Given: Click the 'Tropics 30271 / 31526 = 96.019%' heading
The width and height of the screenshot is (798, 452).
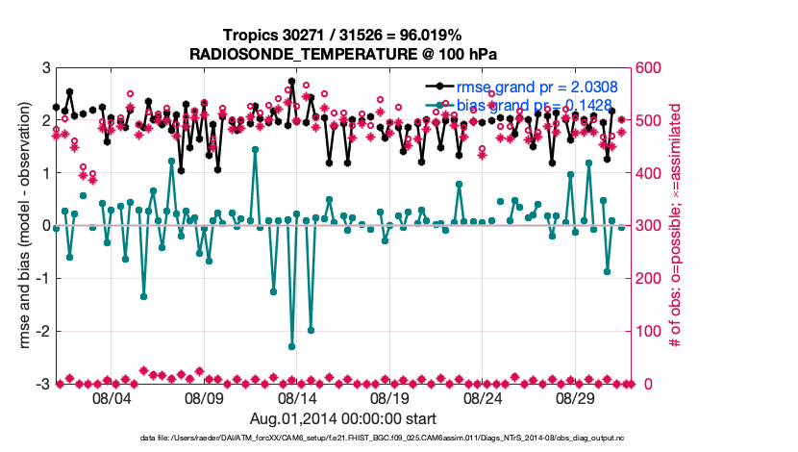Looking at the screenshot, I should pos(344,35).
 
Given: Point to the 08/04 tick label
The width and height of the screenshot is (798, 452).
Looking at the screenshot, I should pos(112,398).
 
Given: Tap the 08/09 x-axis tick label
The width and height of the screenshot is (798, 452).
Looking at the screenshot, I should pos(204,398).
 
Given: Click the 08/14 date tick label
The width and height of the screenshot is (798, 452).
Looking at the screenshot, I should pos(297,398).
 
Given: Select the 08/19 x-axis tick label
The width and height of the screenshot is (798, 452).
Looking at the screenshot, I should pos(389,398).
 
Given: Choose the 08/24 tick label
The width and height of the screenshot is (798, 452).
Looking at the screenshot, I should pos(482,398).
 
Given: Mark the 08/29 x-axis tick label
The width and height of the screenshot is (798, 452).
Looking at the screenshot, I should pos(575,398).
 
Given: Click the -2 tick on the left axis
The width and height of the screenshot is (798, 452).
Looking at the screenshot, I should pos(44,332).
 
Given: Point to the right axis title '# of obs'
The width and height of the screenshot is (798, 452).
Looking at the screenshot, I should pos(676,226).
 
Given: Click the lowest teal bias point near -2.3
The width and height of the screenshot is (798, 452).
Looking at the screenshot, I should pos(291,346).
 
